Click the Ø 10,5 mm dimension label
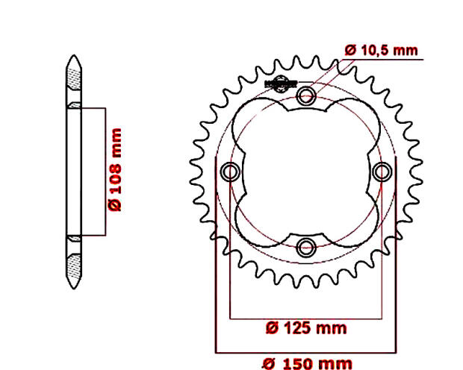click(380, 50)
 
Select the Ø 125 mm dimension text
click(306, 327)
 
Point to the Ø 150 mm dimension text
click(306, 363)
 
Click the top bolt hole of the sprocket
click(306, 96)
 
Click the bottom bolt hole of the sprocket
click(306, 246)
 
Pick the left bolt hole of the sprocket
click(231, 172)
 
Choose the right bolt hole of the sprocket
click(382, 172)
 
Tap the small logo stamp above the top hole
click(282, 82)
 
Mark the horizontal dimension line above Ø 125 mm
click(306, 317)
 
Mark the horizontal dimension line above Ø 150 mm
click(306, 351)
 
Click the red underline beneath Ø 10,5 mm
click(380, 59)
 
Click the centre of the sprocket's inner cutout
click(306, 172)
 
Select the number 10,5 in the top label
click(377, 50)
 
